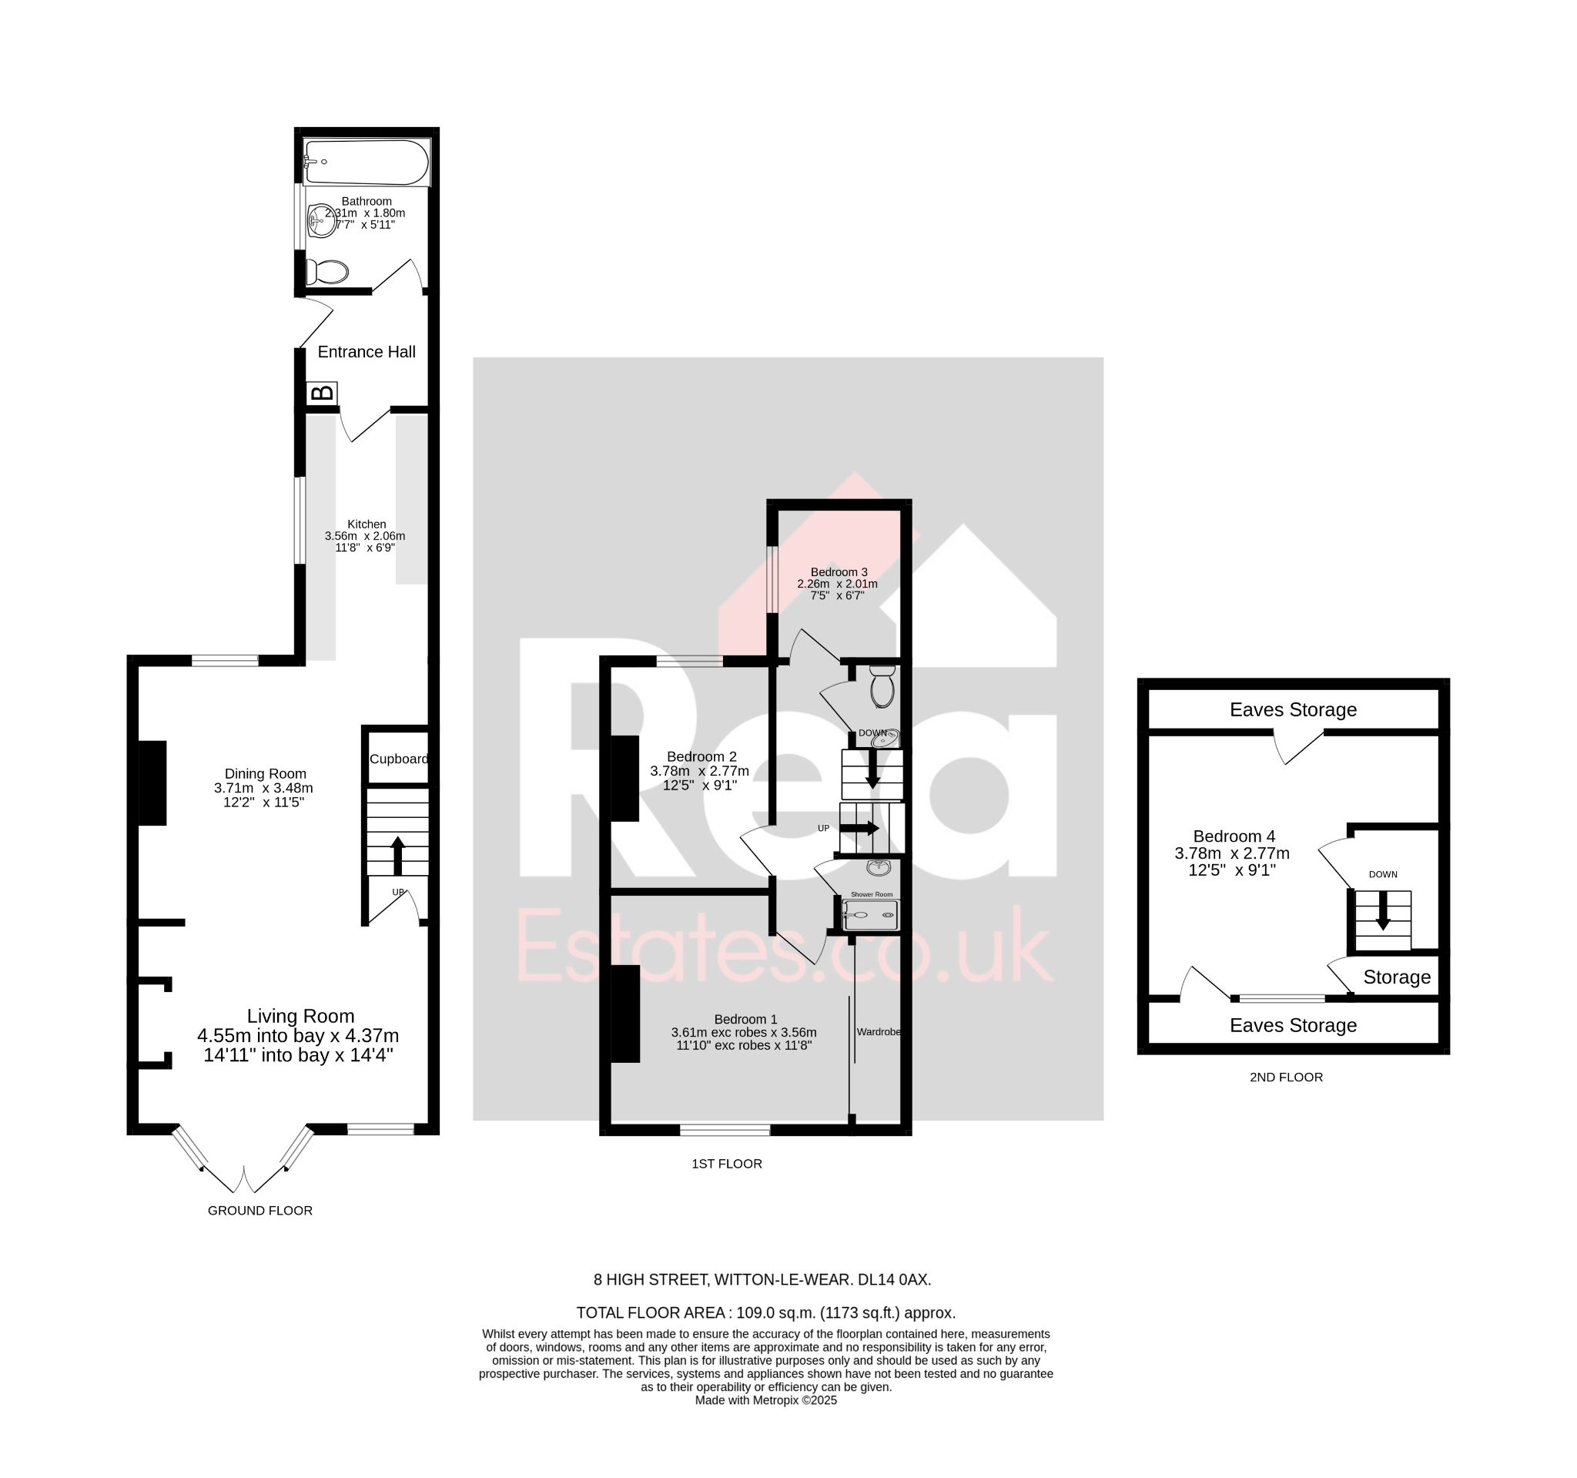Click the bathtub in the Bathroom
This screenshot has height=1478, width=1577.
(x=367, y=162)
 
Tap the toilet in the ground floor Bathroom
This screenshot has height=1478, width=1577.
(x=326, y=272)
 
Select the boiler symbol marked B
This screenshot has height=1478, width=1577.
(x=322, y=394)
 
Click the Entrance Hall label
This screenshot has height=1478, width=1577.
(x=367, y=351)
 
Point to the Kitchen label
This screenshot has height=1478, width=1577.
(x=367, y=525)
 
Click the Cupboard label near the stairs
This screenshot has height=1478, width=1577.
(x=398, y=759)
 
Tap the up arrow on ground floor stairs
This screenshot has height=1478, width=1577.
(x=398, y=855)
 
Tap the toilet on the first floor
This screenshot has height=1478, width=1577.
(x=882, y=686)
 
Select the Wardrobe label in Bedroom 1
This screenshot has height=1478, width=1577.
(x=878, y=1032)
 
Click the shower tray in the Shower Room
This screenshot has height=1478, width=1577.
(x=870, y=915)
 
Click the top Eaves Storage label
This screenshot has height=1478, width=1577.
(x=1293, y=709)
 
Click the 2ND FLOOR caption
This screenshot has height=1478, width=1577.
(x=1286, y=1077)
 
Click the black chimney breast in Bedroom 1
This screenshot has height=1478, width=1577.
(x=625, y=1013)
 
